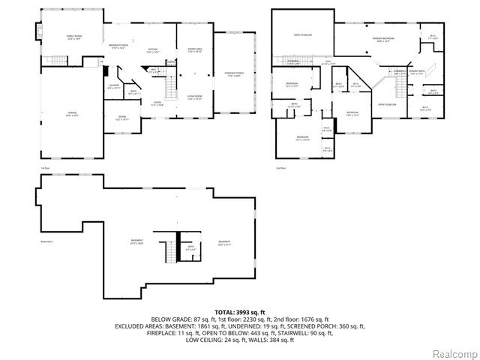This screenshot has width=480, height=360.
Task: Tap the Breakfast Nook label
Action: click(x=118, y=46)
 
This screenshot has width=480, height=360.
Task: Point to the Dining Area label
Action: click(x=194, y=50)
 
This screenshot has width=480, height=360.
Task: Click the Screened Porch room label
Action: click(x=233, y=74)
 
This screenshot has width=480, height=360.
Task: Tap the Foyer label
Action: click(x=157, y=104)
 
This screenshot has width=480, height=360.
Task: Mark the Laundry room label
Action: click(x=114, y=87)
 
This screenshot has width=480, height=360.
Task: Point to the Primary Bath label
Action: click(x=417, y=72)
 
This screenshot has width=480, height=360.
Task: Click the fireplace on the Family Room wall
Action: click(x=34, y=33)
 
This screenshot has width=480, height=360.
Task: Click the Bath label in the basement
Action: click(x=190, y=247)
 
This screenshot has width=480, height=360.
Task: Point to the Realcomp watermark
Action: click(x=452, y=352)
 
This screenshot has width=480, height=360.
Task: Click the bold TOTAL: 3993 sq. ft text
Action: click(x=239, y=311)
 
